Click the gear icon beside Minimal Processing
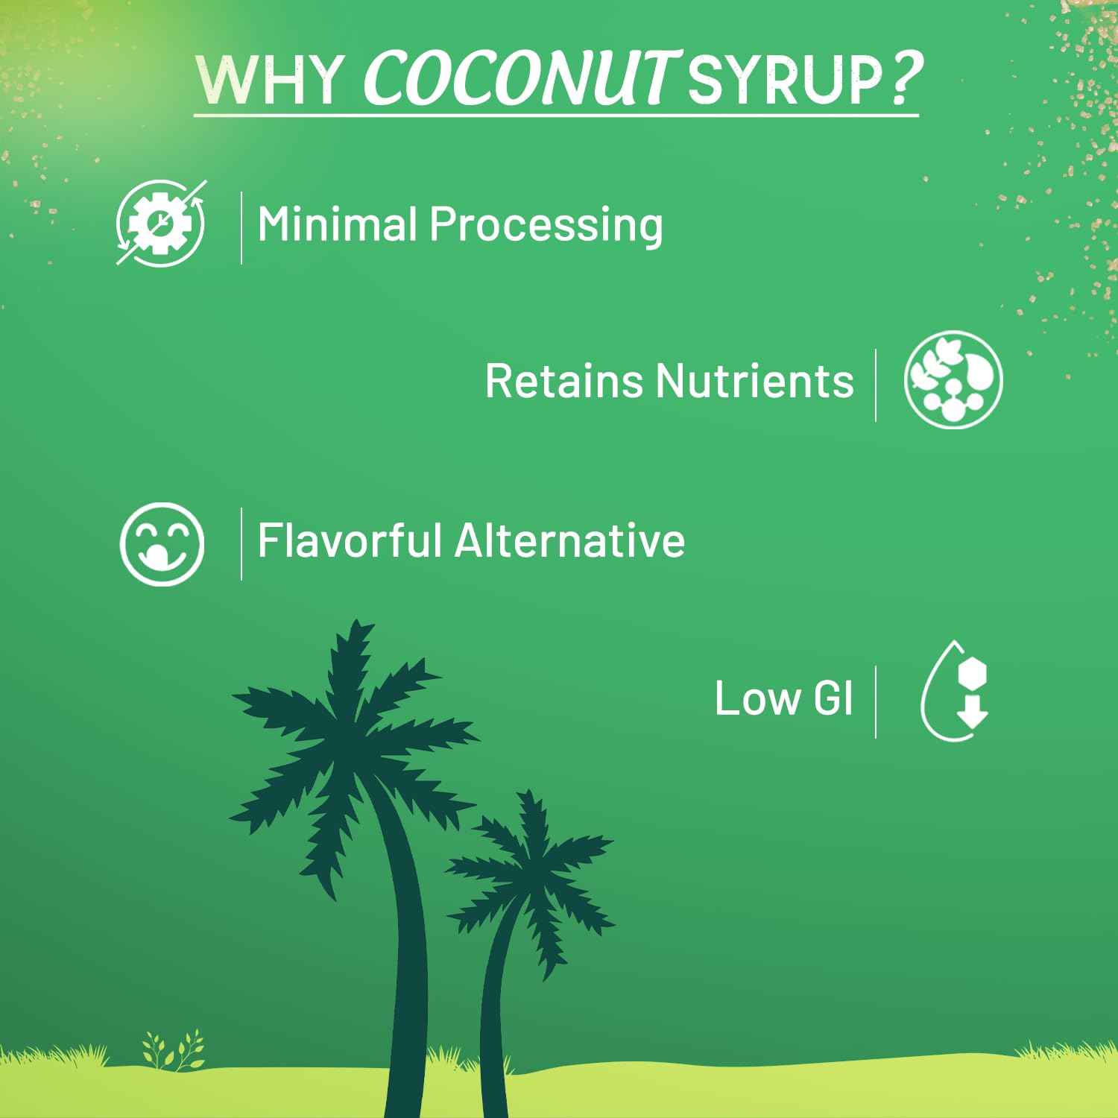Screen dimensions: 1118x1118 (161, 222)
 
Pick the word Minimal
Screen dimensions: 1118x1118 (336, 224)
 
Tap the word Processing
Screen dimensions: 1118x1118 (546, 225)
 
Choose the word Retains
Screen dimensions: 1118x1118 (564, 380)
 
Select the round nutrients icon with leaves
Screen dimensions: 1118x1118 (953, 380)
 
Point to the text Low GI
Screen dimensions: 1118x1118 (783, 698)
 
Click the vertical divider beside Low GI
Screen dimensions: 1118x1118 (876, 702)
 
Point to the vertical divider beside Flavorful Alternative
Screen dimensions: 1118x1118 (241, 543)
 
